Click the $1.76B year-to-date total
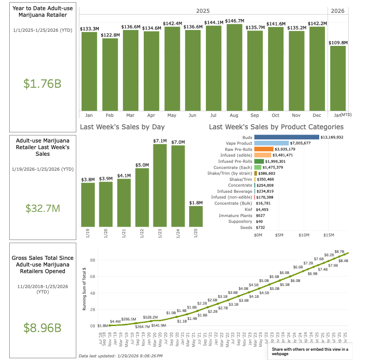pyautogui.click(x=42, y=83)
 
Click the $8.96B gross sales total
pyautogui.click(x=42, y=328)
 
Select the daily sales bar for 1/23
pyautogui.click(x=160, y=185)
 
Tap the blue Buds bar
pyautogui.click(x=287, y=137)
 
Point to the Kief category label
pyautogui.click(x=247, y=210)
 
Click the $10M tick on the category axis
pyautogui.click(x=304, y=235)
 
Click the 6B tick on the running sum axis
pyautogui.click(x=92, y=277)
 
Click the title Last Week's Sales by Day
pyautogui.click(x=122, y=127)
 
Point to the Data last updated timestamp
pyautogui.click(x=120, y=356)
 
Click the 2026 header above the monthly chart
pyautogui.click(x=337, y=11)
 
